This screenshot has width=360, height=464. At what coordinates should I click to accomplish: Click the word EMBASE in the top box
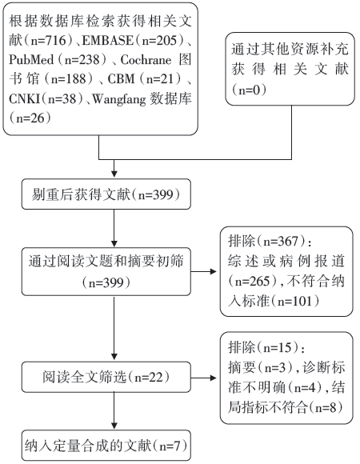point(108,40)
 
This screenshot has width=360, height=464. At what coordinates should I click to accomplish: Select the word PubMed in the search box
point(31,59)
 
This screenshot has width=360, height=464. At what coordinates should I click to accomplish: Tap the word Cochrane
point(146,60)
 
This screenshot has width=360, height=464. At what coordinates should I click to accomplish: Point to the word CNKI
point(24,98)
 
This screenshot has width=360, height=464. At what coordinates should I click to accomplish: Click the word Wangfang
point(119,99)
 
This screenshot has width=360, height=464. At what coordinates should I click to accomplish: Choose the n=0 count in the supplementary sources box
point(249,90)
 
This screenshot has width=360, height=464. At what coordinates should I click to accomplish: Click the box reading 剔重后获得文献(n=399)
point(106,194)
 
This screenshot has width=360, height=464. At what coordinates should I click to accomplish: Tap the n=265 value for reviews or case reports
point(252,281)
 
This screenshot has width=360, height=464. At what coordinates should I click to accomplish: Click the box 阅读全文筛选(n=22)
point(106,377)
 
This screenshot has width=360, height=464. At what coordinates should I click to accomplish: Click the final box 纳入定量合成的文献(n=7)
point(106,446)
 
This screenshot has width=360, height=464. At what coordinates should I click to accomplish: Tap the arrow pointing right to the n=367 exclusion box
point(204,271)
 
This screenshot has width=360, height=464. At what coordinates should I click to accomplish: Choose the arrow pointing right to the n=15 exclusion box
point(204,378)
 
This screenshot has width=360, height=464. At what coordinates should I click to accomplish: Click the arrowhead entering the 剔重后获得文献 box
point(114,174)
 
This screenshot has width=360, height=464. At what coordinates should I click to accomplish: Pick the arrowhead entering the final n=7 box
point(114,426)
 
